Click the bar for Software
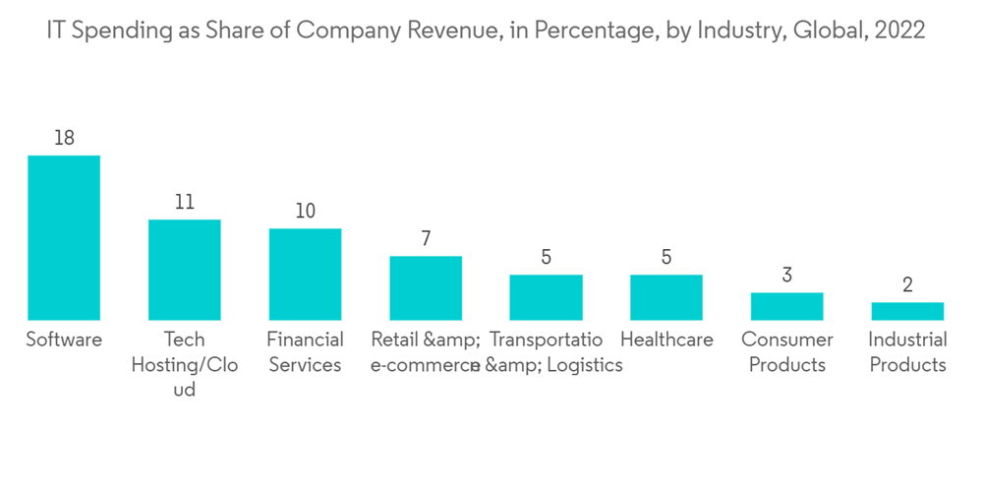tap(64, 237)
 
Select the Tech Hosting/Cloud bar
tap(185, 270)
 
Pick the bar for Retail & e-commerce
tap(426, 287)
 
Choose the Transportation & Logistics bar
tap(546, 297)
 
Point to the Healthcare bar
tap(666, 297)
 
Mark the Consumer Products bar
tap(786, 306)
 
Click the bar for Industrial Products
tap(907, 311)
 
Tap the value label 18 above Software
tap(64, 138)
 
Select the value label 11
tap(185, 202)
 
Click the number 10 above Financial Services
tap(305, 212)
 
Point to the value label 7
tap(426, 238)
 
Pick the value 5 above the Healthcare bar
tap(666, 257)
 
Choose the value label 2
tap(907, 285)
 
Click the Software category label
tap(64, 340)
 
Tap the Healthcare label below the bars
tap(666, 340)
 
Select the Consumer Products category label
tap(786, 352)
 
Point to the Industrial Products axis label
tap(907, 352)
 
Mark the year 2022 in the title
tap(898, 31)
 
